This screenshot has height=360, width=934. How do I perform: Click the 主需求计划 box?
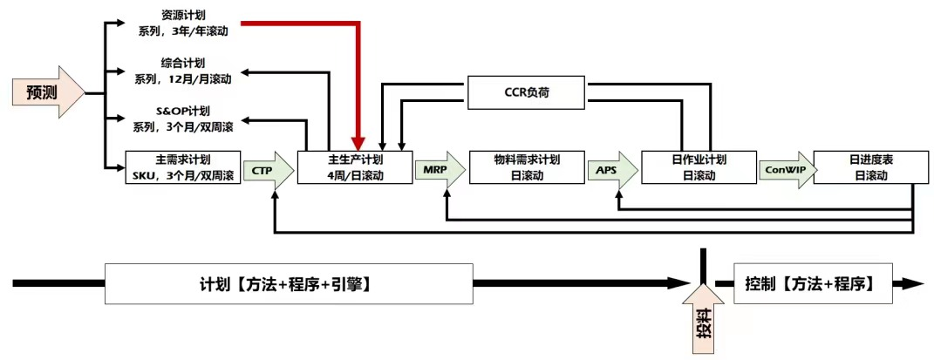point(182,167)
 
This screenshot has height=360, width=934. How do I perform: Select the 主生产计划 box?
point(354,167)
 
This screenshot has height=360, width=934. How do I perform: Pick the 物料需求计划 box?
point(526,167)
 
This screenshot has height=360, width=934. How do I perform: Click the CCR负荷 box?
point(526,91)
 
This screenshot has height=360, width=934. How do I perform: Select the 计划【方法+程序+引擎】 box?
point(289,283)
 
